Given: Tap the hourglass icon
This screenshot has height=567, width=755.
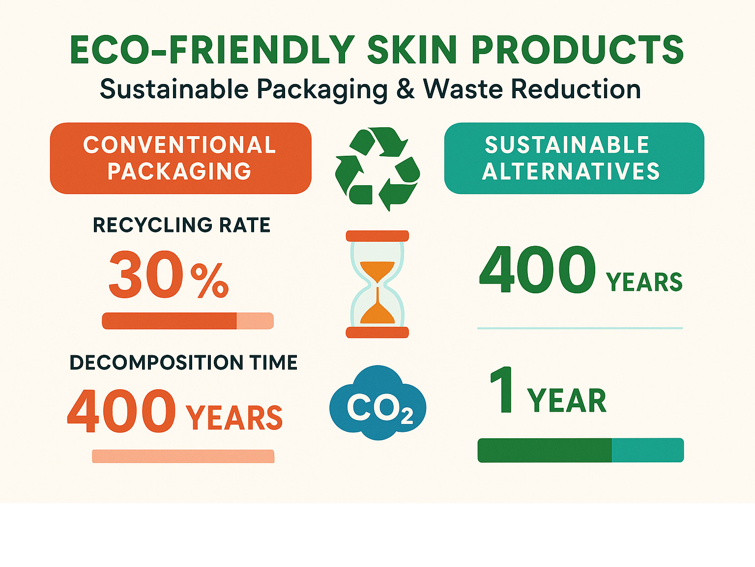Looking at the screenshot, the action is (377, 284).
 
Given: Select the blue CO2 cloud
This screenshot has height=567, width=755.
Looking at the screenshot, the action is (377, 403).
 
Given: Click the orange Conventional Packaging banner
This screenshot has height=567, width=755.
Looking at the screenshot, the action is (180, 158).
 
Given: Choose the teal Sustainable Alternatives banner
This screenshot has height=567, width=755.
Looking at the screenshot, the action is (574, 158).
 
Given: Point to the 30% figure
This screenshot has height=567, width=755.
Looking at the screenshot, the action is (169, 274).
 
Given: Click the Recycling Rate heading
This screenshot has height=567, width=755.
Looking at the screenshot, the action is (181, 225).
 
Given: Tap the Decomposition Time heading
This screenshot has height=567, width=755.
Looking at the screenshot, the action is (183, 363).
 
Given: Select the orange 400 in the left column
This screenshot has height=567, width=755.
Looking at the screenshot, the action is (122, 411).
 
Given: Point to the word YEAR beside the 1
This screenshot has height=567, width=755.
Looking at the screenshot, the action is (567, 400).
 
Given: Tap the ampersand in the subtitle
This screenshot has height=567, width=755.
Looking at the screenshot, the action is (406, 89).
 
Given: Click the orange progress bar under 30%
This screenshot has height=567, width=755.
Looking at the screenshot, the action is (188, 321).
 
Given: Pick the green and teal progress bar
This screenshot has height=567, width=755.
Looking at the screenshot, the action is (581, 450).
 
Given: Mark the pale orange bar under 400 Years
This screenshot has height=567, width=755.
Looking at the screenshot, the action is (183, 456).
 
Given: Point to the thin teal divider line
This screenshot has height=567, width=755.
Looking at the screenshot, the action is (580, 328).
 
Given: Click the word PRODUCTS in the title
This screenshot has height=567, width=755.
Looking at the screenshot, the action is (578, 49).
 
